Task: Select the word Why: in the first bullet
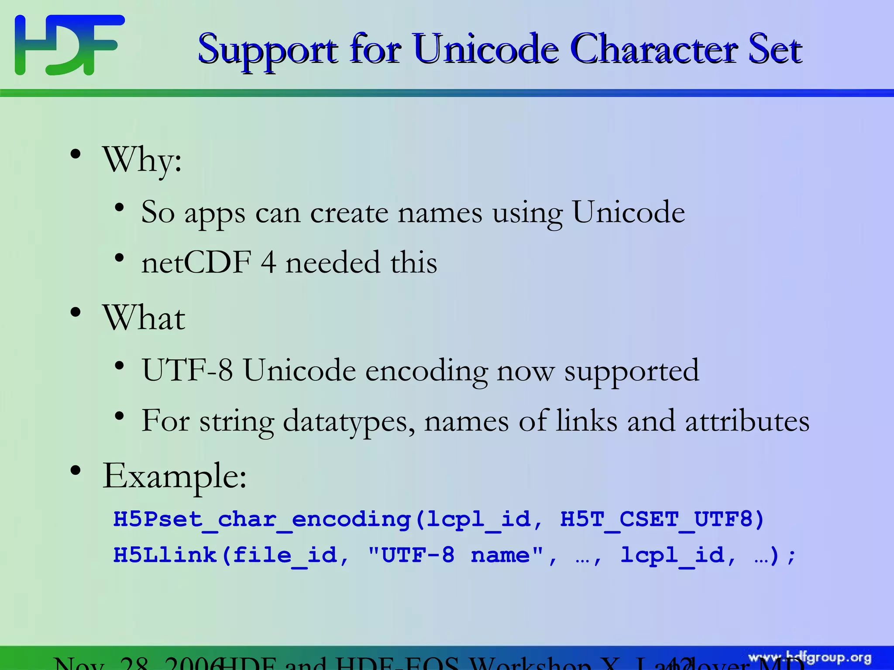tap(142, 160)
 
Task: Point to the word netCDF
tap(196, 263)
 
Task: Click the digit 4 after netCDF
tap(268, 263)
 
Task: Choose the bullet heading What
tap(144, 318)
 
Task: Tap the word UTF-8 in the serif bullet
tap(187, 370)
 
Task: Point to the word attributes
tap(747, 421)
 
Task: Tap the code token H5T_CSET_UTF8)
tap(662, 520)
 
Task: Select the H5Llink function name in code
tap(165, 555)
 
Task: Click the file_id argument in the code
tap(285, 555)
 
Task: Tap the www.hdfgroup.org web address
tap(810, 658)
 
